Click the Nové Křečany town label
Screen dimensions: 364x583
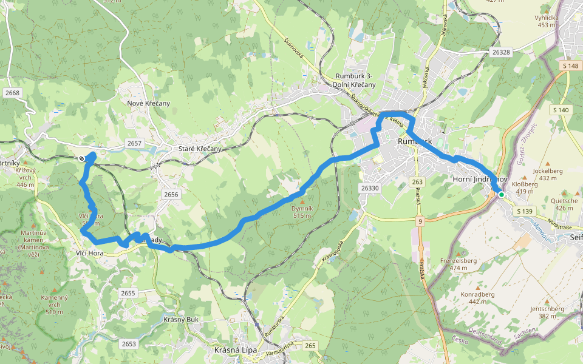pos(149,103)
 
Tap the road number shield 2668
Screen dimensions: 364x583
pos(12,93)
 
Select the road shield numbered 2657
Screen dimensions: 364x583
pos(134,143)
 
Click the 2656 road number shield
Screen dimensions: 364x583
pos(171,194)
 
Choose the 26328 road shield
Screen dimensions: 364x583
pos(501,53)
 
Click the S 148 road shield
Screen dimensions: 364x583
pos(570,66)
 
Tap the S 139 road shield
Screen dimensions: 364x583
pos(525,211)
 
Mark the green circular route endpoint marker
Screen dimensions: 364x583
pos(501,195)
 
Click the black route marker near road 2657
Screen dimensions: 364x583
pos(81,158)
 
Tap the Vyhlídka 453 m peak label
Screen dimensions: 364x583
pos(547,21)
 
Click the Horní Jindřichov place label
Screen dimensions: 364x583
pos(480,180)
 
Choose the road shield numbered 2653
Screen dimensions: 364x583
pos(129,343)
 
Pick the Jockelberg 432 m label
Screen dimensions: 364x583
pos(544,174)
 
